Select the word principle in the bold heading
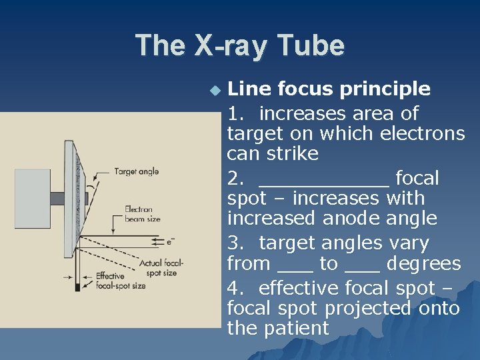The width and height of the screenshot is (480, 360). pos(387,89)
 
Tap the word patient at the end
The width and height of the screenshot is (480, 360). pos(297,328)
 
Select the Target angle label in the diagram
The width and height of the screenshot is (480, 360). pos(137,171)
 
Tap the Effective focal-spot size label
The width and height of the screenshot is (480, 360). pos(121,281)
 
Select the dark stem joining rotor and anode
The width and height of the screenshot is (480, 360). pos(57,198)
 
